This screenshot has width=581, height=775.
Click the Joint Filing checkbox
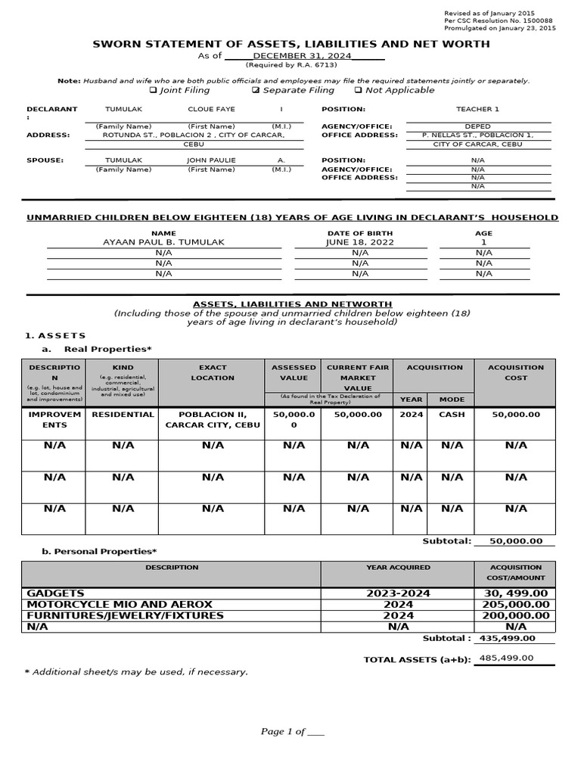pos(153,90)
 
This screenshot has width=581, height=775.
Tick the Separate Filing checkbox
pos(256,90)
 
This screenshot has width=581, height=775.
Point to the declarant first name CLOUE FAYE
pos(211,109)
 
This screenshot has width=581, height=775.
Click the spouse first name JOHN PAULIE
pos(211,160)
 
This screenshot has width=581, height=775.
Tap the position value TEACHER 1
pos(477,109)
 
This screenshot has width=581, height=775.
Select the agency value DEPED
pos(477,126)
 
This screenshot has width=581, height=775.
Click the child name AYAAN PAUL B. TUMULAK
pos(164,242)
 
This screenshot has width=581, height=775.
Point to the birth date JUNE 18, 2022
pos(360,242)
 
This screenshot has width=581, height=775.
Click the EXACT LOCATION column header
pos(213,372)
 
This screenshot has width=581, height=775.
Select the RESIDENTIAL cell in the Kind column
pos(123,415)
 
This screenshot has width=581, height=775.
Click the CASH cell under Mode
pos(452,415)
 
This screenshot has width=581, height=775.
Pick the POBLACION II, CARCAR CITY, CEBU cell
pos(213,420)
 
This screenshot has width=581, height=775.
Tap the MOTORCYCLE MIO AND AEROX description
pos(120,605)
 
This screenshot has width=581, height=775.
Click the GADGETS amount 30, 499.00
pos(515,593)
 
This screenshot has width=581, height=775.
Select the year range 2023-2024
pos(398,593)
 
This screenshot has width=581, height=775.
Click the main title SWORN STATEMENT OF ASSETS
pos(291,44)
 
